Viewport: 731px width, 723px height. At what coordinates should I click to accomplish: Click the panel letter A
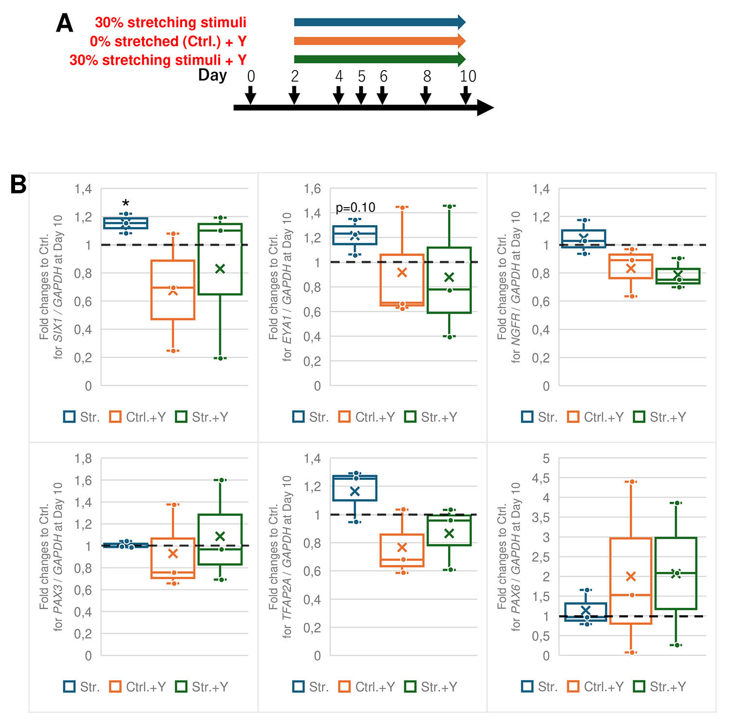(x=65, y=23)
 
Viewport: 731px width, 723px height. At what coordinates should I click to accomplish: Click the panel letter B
(x=18, y=185)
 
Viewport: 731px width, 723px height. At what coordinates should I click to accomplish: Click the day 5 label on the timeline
(x=361, y=76)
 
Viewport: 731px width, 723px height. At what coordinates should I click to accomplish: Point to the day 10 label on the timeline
(x=468, y=76)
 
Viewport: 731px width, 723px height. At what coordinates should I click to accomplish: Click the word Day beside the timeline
(x=212, y=75)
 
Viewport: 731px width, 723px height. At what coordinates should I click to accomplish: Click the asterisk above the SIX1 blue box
(x=126, y=204)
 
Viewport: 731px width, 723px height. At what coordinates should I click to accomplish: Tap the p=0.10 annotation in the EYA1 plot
(x=355, y=208)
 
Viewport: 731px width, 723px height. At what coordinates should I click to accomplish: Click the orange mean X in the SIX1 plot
(x=173, y=291)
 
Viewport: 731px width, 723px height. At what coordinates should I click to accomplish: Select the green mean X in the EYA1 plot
(x=449, y=277)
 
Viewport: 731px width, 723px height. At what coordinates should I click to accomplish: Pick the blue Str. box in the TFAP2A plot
(x=355, y=488)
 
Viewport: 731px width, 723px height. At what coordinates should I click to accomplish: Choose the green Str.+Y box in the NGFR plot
(x=678, y=276)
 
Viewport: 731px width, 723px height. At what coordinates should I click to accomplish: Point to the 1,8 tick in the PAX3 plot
(x=83, y=458)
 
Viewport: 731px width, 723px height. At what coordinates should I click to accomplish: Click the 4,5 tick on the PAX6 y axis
(x=541, y=478)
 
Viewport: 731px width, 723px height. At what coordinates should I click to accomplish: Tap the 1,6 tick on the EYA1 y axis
(x=312, y=189)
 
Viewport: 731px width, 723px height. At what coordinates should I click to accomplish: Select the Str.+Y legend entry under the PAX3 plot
(x=202, y=687)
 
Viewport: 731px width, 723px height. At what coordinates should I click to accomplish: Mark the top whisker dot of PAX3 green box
(x=221, y=480)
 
